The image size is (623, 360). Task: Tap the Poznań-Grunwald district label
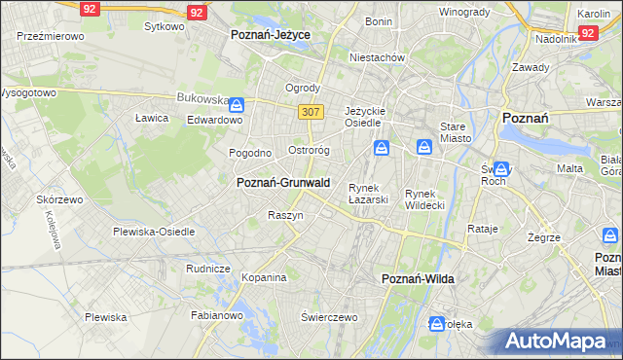(283, 183)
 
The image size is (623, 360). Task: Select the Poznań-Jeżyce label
(270, 34)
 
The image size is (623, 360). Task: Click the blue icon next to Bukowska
(238, 103)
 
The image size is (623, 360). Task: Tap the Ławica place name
(152, 118)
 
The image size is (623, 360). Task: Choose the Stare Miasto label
(456, 132)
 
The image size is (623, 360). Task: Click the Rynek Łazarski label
(369, 194)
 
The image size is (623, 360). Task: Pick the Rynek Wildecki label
(424, 199)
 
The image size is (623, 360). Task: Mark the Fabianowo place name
(216, 315)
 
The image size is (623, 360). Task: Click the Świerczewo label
(330, 317)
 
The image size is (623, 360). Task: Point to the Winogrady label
(464, 12)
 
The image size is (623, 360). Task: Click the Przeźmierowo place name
(51, 35)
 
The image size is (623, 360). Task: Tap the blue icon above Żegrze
(610, 235)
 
